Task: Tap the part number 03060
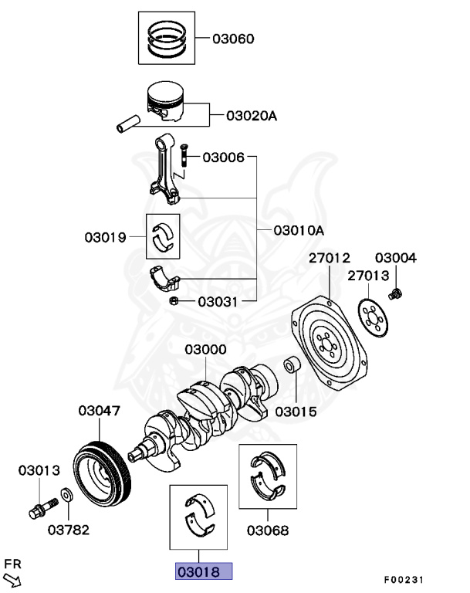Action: click(233, 38)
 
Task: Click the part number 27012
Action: click(330, 258)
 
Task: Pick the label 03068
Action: click(268, 530)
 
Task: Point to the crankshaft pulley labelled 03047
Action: click(104, 473)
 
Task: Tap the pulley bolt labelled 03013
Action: click(39, 509)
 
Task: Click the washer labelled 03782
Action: click(66, 494)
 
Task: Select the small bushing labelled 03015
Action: click(292, 364)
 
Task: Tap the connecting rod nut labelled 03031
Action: click(175, 300)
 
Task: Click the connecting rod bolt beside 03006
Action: click(185, 158)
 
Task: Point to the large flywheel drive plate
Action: click(330, 342)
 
